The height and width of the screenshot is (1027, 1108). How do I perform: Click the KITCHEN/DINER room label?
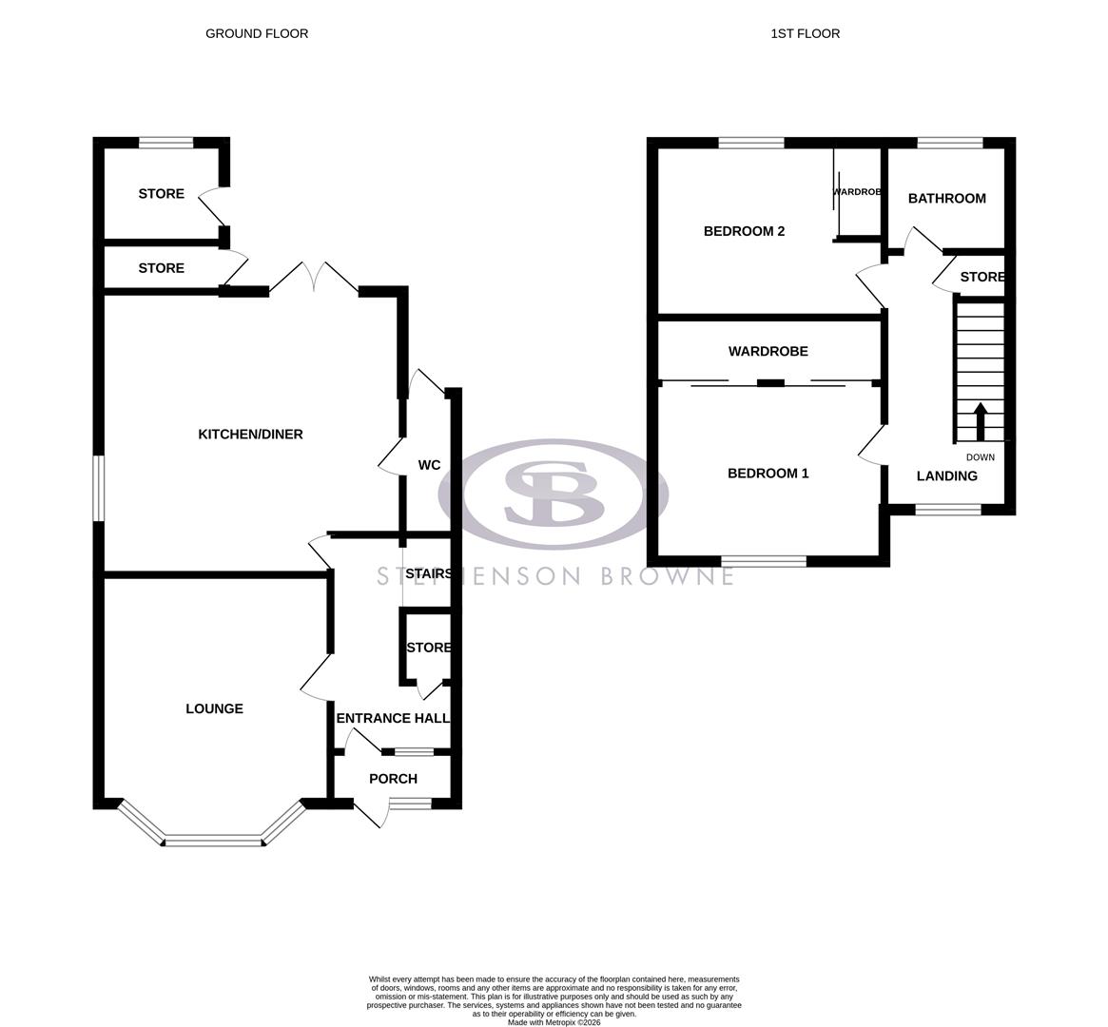coord(250,435)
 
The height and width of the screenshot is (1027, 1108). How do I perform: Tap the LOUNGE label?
coord(214,708)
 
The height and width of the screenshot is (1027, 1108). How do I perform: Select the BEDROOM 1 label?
coord(768,474)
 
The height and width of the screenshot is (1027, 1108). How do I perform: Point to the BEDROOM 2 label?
coord(744,231)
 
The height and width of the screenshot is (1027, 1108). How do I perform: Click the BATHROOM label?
coord(946,199)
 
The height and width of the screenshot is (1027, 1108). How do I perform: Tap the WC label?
coord(429,466)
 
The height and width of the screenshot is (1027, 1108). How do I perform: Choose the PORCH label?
coord(393,779)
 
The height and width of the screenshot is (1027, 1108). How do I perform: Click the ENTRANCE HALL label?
coord(393,719)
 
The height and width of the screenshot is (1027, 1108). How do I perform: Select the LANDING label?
coord(946,476)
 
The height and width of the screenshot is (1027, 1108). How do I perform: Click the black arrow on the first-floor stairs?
coord(980,420)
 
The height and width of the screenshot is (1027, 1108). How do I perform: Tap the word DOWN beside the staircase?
coord(980,457)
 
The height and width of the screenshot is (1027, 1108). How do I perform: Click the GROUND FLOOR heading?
coord(257,33)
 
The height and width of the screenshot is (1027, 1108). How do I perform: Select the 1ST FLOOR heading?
coord(805,33)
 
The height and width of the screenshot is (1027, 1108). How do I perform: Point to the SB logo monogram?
coord(554,493)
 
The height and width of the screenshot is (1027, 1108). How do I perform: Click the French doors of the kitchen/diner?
coord(314,278)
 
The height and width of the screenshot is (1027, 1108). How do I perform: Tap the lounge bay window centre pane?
coord(213,840)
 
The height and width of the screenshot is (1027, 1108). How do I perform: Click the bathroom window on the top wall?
coord(949,143)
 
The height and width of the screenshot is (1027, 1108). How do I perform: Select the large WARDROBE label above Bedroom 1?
coord(768,352)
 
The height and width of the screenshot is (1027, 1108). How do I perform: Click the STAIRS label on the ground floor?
coord(427,574)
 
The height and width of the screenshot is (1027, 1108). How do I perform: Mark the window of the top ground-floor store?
coord(165,143)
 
